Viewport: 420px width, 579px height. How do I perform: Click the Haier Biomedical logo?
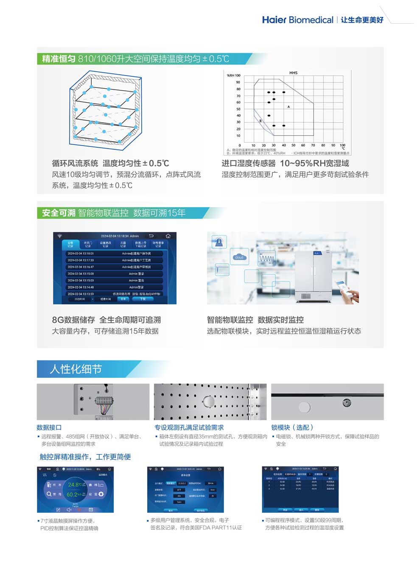point(297,20)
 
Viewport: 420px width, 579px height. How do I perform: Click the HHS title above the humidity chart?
point(293,73)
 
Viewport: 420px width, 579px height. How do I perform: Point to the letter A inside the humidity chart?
point(288,107)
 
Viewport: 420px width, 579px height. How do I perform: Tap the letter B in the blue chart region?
point(260,121)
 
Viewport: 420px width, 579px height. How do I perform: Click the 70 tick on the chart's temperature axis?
point(313,145)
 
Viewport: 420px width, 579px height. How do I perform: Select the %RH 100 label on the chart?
point(233,76)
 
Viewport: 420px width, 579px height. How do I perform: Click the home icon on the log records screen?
point(168,236)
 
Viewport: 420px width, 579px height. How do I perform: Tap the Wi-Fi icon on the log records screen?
point(60,236)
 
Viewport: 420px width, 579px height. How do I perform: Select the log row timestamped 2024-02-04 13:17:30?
point(81,260)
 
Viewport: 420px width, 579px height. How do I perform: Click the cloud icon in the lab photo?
point(239,257)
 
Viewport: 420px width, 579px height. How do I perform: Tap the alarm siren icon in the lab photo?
point(219,242)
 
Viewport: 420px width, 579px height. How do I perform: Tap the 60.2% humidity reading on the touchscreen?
point(76,495)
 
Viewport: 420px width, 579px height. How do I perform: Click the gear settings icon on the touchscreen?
point(101,494)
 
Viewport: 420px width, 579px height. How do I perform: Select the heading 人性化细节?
point(76,369)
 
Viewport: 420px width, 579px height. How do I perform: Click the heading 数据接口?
point(49,427)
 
